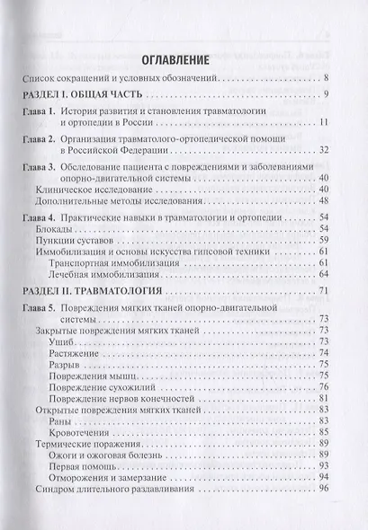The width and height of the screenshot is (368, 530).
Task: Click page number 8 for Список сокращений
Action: [335, 80]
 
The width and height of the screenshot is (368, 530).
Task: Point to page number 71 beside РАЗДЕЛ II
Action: [332, 292]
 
